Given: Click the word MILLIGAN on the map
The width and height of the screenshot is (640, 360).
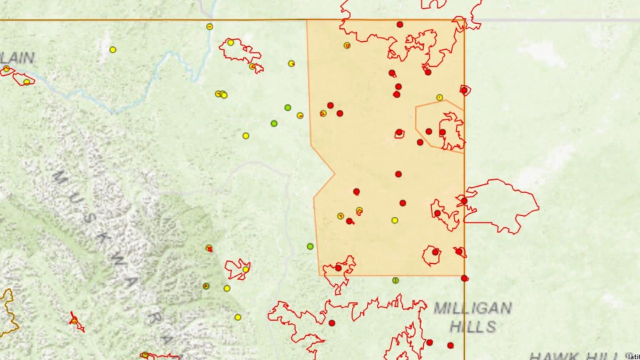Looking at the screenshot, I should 472,308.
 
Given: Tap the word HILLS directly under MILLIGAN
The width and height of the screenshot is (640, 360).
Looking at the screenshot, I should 473,326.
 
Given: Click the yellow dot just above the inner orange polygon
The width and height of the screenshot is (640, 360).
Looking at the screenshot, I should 440,97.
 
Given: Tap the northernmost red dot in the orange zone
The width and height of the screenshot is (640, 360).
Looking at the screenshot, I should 400,25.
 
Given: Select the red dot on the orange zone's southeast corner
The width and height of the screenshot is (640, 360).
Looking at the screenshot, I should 465,278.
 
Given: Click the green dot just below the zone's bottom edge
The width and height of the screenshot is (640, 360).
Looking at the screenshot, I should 395,280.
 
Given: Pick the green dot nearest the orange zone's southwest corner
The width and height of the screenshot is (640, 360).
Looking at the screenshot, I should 310,246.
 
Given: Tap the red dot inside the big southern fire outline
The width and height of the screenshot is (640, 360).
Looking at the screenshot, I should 332,323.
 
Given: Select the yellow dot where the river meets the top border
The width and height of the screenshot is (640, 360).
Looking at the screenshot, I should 210,27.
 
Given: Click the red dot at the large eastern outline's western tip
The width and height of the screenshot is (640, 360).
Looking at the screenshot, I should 464,201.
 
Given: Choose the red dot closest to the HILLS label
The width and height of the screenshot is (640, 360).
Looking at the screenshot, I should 450,345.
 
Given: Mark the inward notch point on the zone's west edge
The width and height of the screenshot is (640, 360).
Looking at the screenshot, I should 335,173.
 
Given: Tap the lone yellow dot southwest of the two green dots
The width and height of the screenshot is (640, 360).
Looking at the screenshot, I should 246,136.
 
